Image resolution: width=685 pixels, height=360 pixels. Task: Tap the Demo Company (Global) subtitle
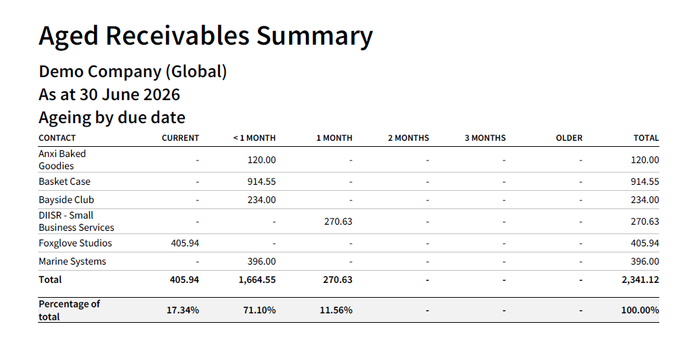tap(133, 72)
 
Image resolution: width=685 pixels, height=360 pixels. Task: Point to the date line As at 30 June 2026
tap(109, 95)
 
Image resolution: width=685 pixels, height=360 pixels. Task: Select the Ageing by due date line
tap(112, 118)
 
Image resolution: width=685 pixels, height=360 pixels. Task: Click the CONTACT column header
tap(58, 138)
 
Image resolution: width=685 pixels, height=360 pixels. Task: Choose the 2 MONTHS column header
tap(408, 138)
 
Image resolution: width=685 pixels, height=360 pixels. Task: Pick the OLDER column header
tap(569, 138)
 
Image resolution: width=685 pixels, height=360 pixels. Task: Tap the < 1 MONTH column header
tap(255, 138)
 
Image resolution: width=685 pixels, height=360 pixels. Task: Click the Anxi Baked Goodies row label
tap(62, 160)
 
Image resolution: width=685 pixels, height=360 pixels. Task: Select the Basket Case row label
tap(65, 182)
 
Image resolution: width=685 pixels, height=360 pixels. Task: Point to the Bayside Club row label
tap(66, 200)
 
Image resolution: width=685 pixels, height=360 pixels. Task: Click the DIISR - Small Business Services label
tap(76, 221)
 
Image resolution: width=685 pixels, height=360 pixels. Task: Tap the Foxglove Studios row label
tap(75, 244)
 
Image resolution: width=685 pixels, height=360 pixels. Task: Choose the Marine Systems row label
tap(72, 262)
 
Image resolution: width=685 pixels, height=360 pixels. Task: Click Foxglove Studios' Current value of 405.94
tap(185, 244)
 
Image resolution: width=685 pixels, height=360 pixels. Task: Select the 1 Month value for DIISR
tap(338, 221)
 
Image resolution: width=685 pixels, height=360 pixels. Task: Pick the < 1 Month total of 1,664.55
tap(257, 280)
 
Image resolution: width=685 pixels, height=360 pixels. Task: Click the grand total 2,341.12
tap(640, 280)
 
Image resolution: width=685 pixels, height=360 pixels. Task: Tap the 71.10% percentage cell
tap(259, 310)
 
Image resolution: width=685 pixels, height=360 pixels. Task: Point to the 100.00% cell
tap(640, 310)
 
